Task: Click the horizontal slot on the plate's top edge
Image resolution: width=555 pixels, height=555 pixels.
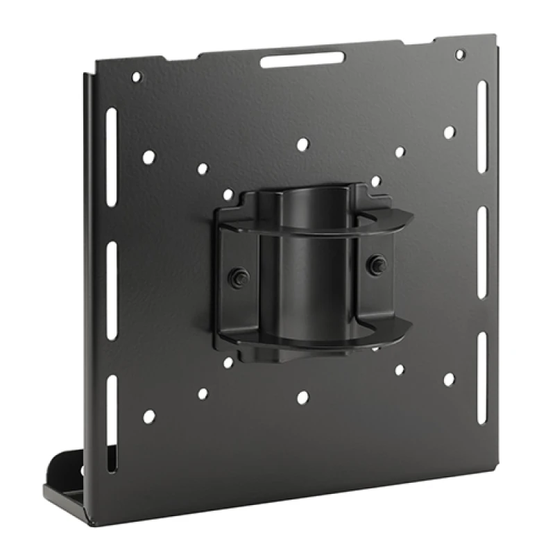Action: coord(302,60)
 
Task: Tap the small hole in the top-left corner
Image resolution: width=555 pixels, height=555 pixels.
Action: coord(137,77)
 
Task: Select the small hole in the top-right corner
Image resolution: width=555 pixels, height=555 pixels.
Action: coord(459,53)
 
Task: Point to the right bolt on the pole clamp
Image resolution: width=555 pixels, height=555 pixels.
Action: coord(377,263)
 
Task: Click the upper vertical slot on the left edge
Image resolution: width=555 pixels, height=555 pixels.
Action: coord(112,156)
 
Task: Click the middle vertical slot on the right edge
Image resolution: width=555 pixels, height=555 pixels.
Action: coord(482,243)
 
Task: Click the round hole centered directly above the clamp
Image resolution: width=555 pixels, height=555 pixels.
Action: coord(302,144)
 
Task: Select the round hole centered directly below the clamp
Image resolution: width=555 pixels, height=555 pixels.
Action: coord(302,398)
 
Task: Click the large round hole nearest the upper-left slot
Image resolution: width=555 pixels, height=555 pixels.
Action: coord(148,157)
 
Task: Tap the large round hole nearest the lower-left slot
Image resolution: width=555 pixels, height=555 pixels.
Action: coord(148,417)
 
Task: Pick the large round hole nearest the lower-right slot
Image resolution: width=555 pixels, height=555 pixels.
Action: coord(449,379)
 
